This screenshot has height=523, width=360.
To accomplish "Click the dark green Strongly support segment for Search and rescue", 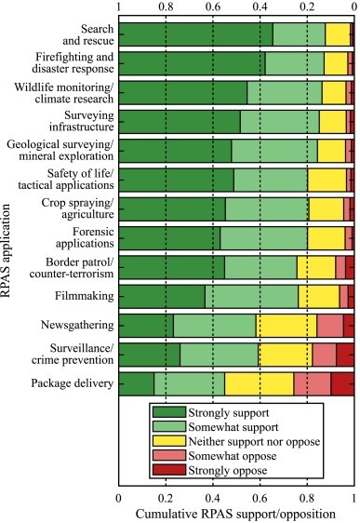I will click(195, 34).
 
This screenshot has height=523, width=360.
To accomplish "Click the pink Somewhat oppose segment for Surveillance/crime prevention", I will click(324, 355).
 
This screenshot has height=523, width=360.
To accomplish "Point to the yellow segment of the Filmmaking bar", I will click(319, 296).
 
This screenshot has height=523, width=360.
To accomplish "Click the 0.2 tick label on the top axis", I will click(307, 7).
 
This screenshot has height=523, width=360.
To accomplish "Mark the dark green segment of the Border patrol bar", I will click(171, 267).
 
